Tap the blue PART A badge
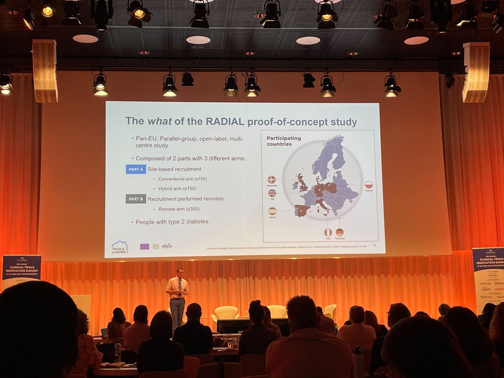(x=136, y=169)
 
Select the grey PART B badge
(x=136, y=199)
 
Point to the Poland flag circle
(x=369, y=185)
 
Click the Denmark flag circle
(x=272, y=179)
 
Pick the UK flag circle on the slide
(x=272, y=193)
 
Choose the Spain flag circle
(x=272, y=211)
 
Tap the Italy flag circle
(x=328, y=232)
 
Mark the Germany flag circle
(x=339, y=232)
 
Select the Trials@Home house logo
(x=119, y=248)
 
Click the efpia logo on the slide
(x=166, y=246)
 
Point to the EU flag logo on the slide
(x=144, y=247)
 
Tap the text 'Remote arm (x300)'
(x=179, y=209)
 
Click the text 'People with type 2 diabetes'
(x=172, y=222)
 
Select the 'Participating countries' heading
(x=283, y=141)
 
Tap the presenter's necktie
(x=179, y=285)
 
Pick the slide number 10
(x=375, y=246)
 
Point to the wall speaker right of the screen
(x=476, y=72)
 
